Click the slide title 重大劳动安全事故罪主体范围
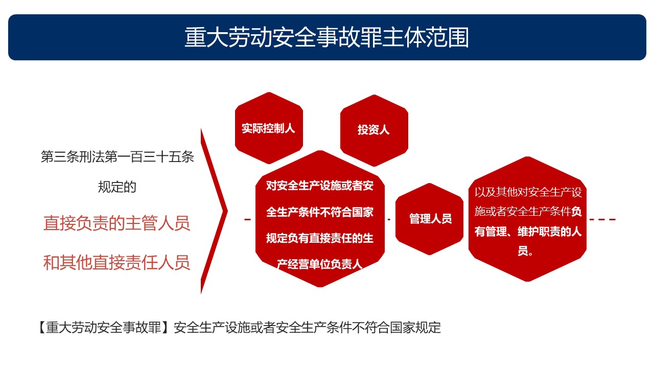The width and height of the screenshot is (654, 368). coord(326,37)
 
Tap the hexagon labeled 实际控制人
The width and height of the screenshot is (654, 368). coord(269,128)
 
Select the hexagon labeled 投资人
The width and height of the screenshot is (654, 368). coord(374,130)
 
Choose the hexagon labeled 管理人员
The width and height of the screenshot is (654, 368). coord(429,219)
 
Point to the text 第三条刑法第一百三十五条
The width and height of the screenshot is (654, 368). coord(118,157)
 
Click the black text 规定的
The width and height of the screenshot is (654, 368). coord(117,187)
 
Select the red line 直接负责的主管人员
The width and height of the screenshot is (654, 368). coord(117,223)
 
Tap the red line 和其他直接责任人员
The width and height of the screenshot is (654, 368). coord(117,263)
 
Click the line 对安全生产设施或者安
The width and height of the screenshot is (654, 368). coord(320,186)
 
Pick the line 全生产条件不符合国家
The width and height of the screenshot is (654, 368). coord(320,212)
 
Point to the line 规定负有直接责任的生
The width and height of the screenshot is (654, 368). coord(320,238)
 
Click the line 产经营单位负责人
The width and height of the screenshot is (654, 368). coord(320,264)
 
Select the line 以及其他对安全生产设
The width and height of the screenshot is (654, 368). coord(528,193)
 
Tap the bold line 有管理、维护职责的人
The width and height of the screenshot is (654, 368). coord(528,232)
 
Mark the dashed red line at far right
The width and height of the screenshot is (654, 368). coord(602,219)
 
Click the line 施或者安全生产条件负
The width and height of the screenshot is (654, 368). coord(528,212)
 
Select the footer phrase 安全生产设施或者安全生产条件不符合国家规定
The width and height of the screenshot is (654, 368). coord(307,328)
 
